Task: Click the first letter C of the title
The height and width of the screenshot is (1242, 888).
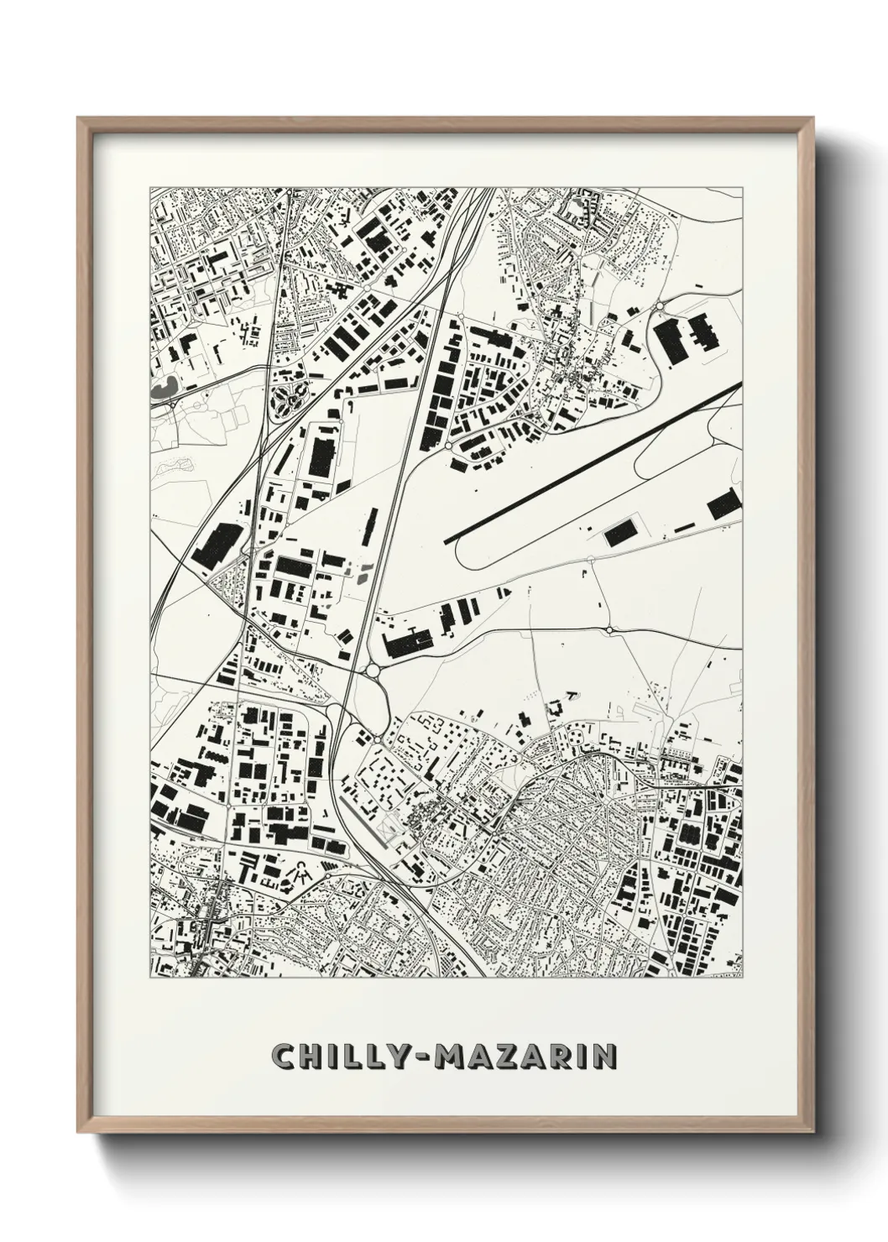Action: (282, 1057)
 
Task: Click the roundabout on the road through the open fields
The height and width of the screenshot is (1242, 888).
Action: (609, 629)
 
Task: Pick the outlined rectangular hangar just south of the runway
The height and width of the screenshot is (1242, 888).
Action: (620, 530)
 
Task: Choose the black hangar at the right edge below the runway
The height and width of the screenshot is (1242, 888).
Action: (723, 505)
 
